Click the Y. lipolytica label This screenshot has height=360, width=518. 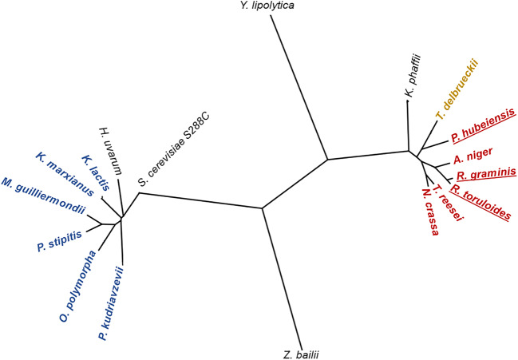[x=267, y=6]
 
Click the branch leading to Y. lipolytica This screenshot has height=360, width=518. [x=299, y=88]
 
